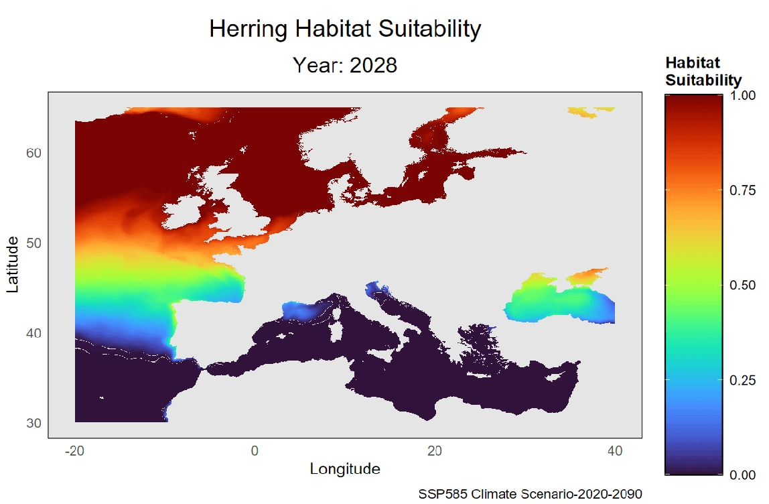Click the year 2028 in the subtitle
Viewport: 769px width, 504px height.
[373, 65]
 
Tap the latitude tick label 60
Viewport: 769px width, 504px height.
[34, 153]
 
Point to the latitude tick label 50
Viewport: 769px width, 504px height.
[34, 243]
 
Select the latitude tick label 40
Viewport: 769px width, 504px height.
[34, 333]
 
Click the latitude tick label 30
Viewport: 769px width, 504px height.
[34, 423]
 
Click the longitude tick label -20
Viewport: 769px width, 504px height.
[74, 452]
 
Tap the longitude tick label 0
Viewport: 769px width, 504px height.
[255, 452]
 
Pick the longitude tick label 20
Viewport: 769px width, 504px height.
[435, 452]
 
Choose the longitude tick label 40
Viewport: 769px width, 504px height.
[614, 452]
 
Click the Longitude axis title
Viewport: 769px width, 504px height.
[345, 469]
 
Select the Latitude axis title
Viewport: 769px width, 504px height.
[13, 264]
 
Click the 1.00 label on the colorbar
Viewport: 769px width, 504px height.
[742, 96]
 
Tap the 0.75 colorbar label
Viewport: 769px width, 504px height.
[742, 191]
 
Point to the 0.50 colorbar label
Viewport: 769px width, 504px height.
[742, 286]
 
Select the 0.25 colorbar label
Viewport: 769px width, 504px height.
[742, 380]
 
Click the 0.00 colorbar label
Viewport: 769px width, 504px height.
[742, 475]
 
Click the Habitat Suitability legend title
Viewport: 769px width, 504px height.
[702, 72]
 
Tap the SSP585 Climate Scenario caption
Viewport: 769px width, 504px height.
[530, 494]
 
